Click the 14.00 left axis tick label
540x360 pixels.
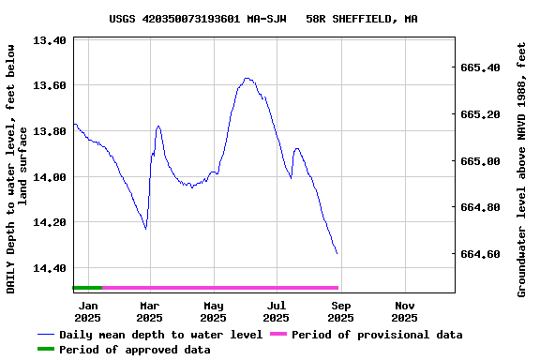click(49, 177)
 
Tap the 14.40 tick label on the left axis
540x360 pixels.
click(49, 268)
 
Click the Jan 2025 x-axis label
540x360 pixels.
click(88, 311)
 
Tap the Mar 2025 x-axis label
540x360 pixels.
click(150, 311)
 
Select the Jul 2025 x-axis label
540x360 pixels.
click(277, 311)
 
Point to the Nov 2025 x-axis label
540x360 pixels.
click(405, 311)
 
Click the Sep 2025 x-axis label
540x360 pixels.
click(341, 311)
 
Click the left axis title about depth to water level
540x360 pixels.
click(17, 169)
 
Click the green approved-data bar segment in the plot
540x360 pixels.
click(87, 288)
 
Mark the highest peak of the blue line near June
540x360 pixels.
click(247, 79)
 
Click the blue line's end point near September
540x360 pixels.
click(337, 253)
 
